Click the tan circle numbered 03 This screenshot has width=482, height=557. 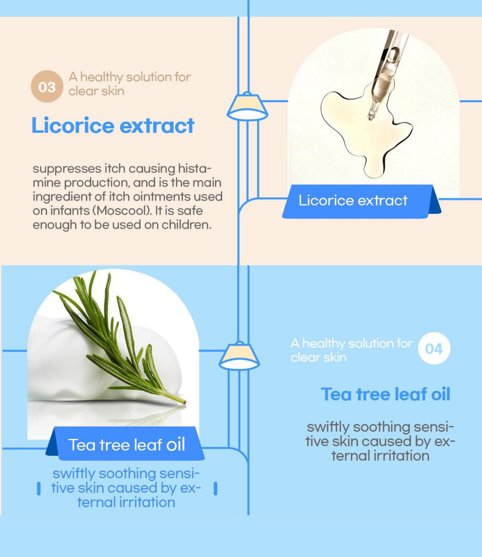pos(47,86)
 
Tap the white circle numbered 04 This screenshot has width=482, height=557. pos(434,348)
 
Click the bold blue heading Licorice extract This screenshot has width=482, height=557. pos(113,125)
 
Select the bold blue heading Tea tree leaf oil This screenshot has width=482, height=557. pos(385,394)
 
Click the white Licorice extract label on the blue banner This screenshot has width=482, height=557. pos(353,200)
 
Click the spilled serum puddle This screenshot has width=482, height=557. pos(366,132)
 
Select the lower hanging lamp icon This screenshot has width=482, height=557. pos(239,356)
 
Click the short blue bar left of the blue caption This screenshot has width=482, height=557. pos(39,489)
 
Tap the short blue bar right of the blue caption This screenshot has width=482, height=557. pos(215,489)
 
